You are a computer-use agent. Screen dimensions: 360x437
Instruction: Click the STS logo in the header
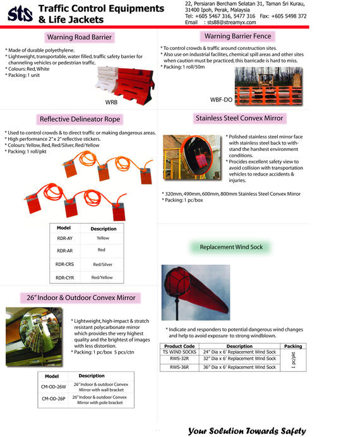[20, 14]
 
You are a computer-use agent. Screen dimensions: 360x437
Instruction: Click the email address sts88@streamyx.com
[231, 22]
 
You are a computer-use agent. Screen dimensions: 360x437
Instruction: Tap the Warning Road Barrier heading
[80, 37]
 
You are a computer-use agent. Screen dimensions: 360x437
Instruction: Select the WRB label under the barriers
[111, 102]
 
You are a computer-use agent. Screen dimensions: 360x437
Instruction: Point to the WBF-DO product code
[221, 100]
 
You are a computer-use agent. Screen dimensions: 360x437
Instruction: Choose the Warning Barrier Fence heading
[237, 36]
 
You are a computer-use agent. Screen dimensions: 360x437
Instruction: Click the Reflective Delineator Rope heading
[80, 119]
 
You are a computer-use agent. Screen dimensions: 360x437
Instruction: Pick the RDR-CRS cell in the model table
[64, 264]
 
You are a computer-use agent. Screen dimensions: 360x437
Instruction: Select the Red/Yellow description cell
[102, 278]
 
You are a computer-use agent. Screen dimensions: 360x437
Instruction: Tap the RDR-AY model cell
[64, 238]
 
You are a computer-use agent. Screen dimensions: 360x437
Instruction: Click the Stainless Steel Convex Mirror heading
[239, 118]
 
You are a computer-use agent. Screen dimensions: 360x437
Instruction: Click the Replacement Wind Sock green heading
[231, 247]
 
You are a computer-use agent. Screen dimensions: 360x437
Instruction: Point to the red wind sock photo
[196, 292]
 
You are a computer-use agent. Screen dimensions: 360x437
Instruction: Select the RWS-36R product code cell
[179, 368]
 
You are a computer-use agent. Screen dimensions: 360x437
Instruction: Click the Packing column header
[293, 346]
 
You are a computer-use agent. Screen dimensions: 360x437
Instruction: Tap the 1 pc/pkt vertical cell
[293, 360]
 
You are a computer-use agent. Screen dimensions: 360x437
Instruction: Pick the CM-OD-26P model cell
[54, 399]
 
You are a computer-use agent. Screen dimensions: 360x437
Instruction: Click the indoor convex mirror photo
[34, 337]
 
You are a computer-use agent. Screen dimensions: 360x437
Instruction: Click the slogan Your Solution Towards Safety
[247, 431]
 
